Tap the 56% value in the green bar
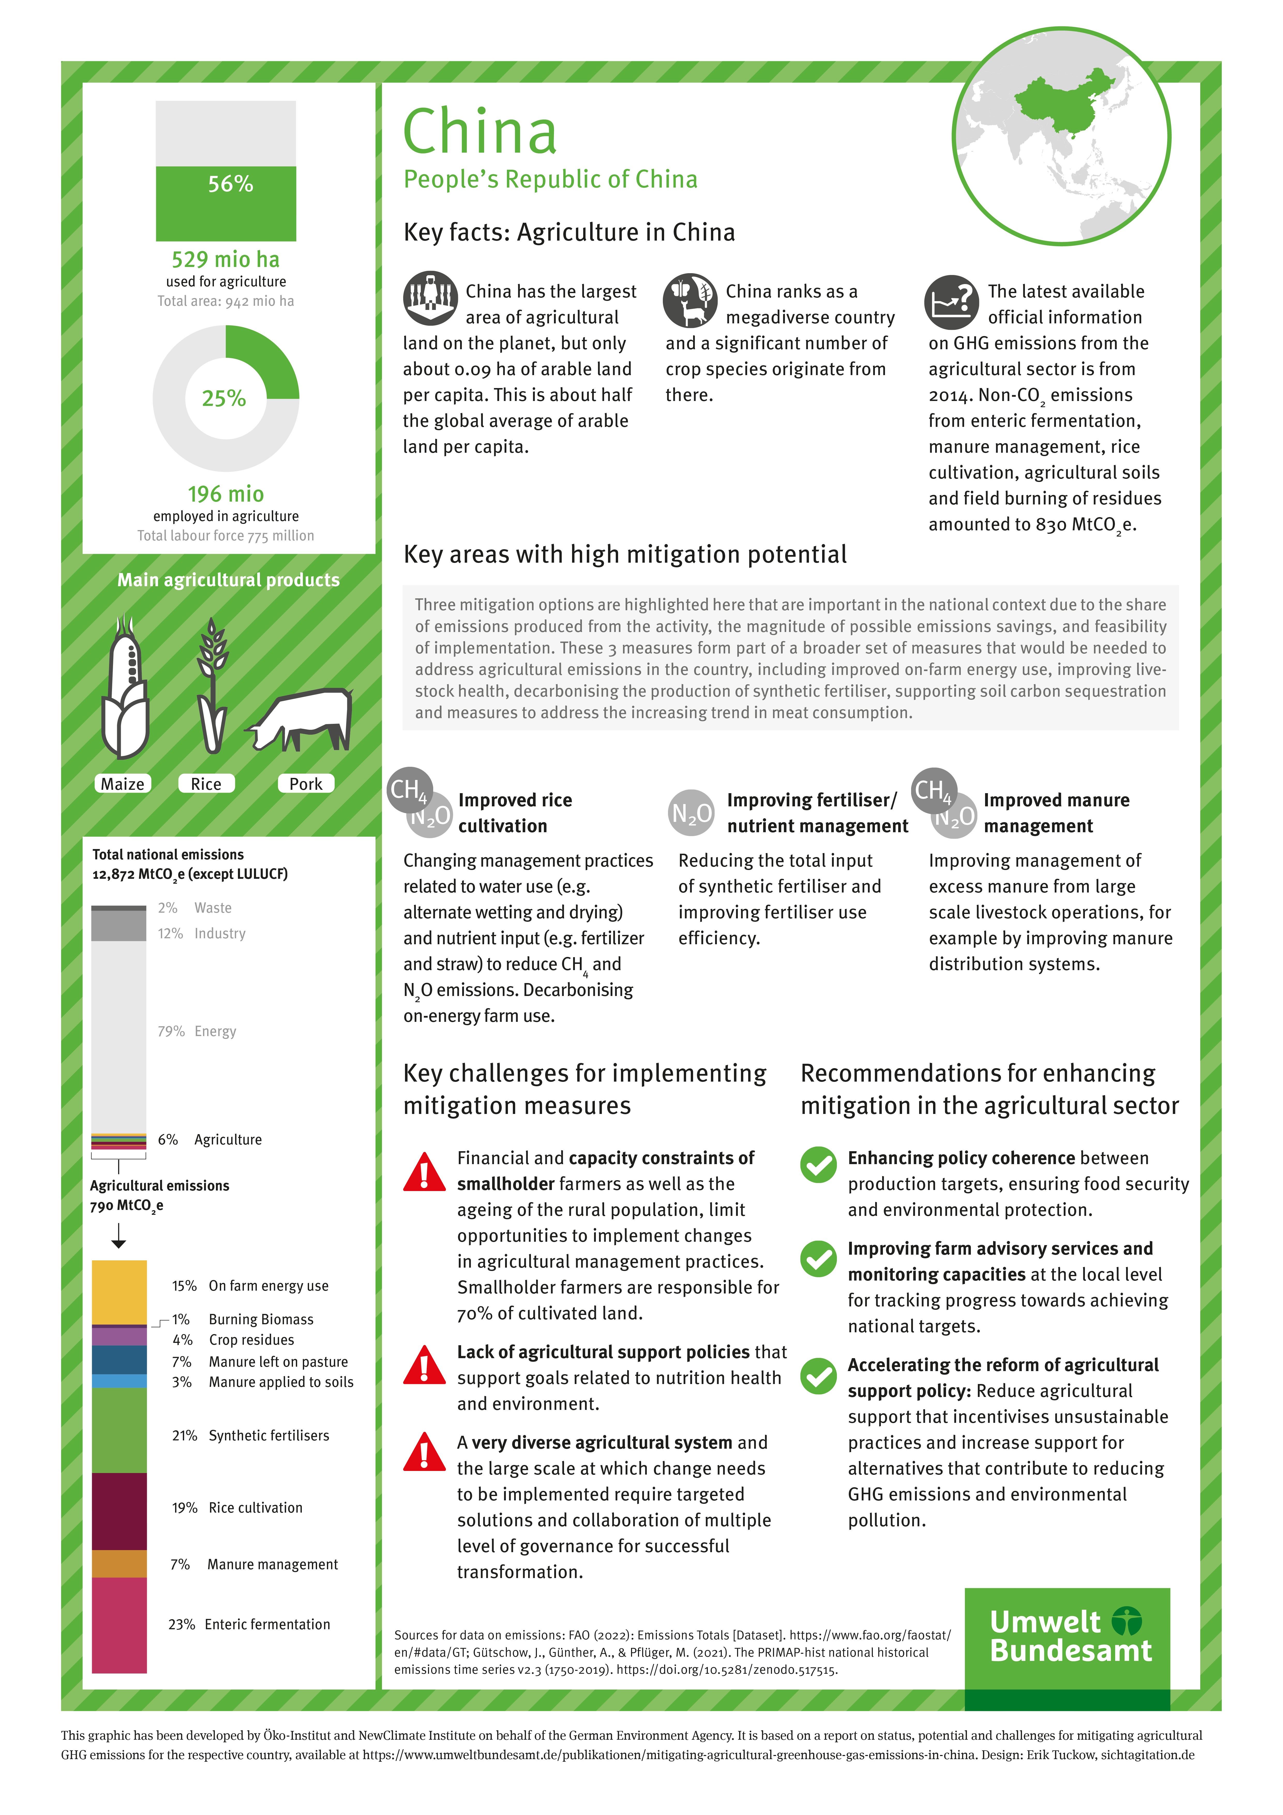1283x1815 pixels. tap(230, 184)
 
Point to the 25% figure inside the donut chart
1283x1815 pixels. tap(224, 398)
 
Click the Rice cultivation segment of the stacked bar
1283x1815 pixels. tap(119, 1510)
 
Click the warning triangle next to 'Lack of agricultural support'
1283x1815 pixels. tap(424, 1366)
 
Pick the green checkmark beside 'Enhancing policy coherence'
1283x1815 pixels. tap(818, 1164)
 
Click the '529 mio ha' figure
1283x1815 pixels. tap(225, 259)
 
